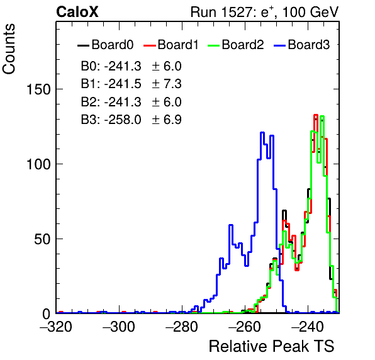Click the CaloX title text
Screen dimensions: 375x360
(77, 12)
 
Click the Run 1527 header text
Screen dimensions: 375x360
(264, 12)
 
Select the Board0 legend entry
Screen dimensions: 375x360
(106, 45)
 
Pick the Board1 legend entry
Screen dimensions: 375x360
(171, 45)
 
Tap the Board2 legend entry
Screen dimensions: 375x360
(236, 45)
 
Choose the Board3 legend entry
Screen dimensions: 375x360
(302, 45)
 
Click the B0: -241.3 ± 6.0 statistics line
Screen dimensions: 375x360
(132, 66)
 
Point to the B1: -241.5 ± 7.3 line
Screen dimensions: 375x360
(132, 84)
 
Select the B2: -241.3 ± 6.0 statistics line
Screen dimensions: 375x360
(132, 102)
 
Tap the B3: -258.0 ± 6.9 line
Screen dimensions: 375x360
(132, 120)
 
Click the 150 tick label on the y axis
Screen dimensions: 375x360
(38, 90)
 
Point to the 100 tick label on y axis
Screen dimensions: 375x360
(38, 164)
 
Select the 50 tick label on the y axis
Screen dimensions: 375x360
(42, 239)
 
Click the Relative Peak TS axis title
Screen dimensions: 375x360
(272, 346)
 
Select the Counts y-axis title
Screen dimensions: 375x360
(9, 49)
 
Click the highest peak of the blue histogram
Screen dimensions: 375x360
(262, 132)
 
